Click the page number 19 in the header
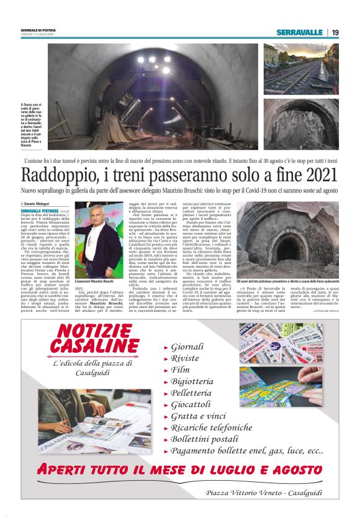coord(335,32)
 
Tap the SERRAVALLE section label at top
coord(299,32)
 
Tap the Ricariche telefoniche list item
coord(220,428)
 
